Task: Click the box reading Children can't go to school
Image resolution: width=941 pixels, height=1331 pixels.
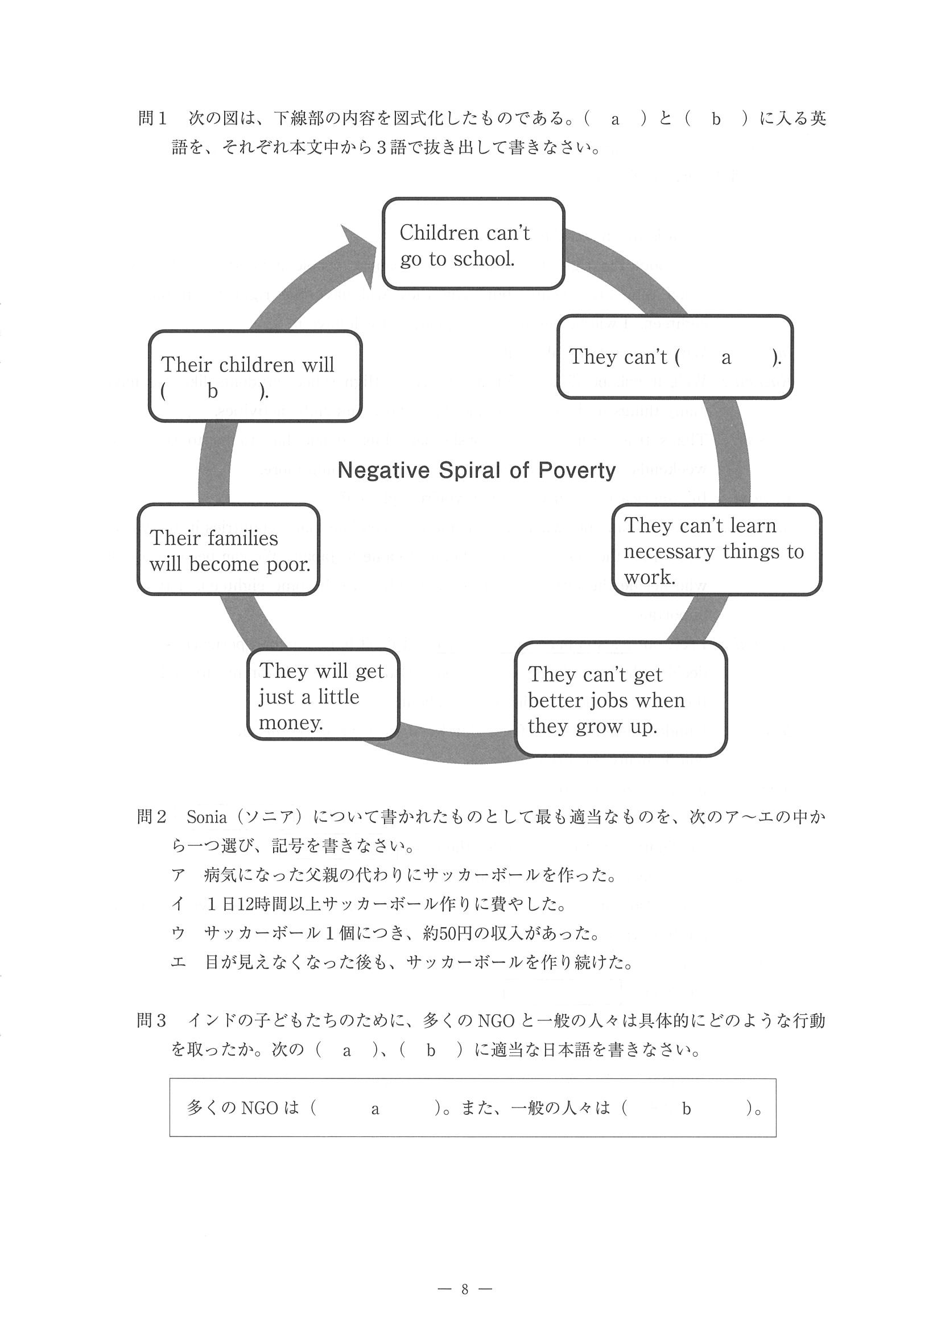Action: pyautogui.click(x=473, y=244)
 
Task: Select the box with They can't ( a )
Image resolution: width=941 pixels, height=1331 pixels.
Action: pyautogui.click(x=674, y=357)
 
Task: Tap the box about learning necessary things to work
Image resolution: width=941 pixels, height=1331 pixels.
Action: pyautogui.click(x=716, y=550)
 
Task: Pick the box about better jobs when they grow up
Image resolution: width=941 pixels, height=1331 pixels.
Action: pyautogui.click(x=620, y=699)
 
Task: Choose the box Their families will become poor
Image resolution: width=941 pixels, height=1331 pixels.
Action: pyautogui.click(x=229, y=549)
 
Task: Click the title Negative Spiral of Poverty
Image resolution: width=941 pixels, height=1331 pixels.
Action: pyautogui.click(x=476, y=470)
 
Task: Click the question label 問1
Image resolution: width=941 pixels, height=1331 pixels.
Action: pyautogui.click(x=152, y=119)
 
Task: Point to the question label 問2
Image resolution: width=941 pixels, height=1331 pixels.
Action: pyautogui.click(x=152, y=817)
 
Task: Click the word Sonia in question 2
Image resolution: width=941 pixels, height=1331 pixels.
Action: pyautogui.click(x=207, y=817)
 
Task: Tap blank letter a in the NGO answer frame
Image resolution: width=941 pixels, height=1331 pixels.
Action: pyautogui.click(x=375, y=1109)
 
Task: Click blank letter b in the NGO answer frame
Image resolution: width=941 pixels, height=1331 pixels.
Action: pyautogui.click(x=686, y=1109)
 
